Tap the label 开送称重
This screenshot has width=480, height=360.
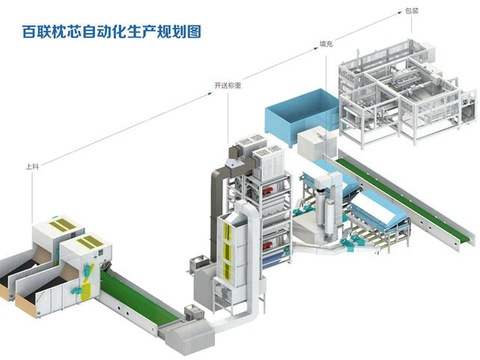228,86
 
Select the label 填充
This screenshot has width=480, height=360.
326,45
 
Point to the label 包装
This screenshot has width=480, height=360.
411,10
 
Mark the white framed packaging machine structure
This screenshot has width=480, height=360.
401,94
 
